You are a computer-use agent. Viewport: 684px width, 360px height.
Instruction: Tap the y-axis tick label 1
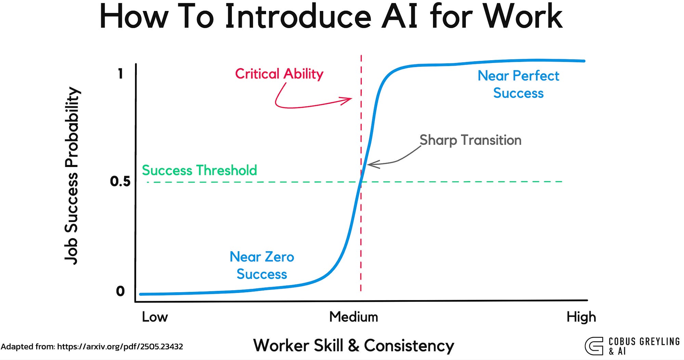coord(120,74)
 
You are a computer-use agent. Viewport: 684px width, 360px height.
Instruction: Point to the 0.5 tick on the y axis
coord(120,181)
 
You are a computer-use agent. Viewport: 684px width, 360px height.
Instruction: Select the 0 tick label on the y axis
coord(120,291)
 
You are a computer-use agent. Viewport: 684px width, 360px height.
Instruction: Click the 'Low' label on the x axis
coord(155,317)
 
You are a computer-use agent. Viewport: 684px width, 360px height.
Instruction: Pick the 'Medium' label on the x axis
coord(353,317)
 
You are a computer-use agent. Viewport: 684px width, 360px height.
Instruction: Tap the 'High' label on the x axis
coord(581,317)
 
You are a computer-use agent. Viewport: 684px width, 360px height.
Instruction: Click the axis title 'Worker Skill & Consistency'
coord(353,345)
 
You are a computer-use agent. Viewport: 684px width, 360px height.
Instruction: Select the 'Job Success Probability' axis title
coord(72,176)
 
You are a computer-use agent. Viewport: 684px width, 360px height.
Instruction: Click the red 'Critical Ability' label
coord(279,74)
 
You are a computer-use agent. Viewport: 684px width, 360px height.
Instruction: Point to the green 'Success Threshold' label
coord(199,170)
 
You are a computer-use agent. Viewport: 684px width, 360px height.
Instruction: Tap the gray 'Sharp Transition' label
coord(470,140)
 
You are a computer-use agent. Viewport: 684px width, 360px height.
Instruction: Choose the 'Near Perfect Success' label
coord(518,84)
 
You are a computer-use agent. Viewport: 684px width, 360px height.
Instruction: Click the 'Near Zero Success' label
coord(262,266)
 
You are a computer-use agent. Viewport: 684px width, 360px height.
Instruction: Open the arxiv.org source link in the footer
coord(120,347)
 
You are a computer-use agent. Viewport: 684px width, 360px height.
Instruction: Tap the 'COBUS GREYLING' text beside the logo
coord(644,342)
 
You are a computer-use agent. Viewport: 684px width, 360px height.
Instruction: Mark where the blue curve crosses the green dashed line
coord(360,182)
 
